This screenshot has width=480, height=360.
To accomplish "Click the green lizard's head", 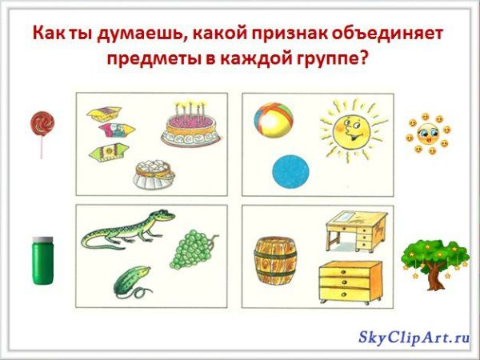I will click(162, 215).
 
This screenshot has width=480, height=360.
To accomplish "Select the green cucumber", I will click(129, 280).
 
